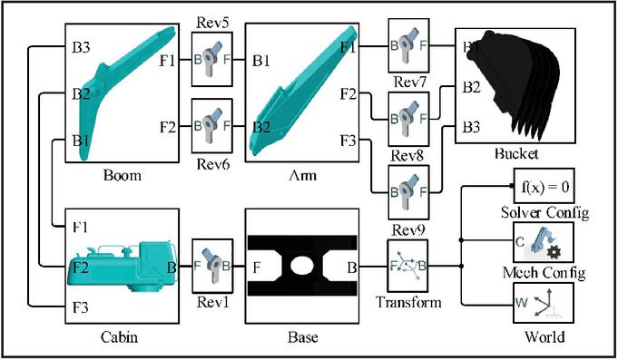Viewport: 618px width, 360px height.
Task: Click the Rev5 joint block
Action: (212, 60)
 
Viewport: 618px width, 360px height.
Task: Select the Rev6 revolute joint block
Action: (212, 126)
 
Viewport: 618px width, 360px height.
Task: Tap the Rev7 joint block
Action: (408, 45)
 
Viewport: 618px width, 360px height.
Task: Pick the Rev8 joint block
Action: (408, 119)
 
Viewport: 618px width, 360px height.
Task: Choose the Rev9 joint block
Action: (408, 192)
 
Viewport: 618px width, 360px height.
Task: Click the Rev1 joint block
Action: (212, 266)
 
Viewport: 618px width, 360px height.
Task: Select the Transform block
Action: (408, 266)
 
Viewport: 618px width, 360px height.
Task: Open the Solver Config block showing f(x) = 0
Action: (544, 186)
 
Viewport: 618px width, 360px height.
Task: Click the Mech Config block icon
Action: (543, 242)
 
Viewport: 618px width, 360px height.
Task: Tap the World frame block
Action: (543, 303)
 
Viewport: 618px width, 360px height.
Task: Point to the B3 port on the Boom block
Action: (81, 47)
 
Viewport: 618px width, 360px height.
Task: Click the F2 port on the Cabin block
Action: (81, 268)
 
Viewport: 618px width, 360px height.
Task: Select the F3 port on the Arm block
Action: (348, 141)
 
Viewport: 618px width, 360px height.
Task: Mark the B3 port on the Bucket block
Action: (471, 127)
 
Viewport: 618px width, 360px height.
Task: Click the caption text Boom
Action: (123, 175)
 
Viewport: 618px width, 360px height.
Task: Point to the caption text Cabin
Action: (120, 337)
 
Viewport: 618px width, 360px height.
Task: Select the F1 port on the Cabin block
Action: (80, 228)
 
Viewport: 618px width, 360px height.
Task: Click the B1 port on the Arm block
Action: (261, 61)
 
